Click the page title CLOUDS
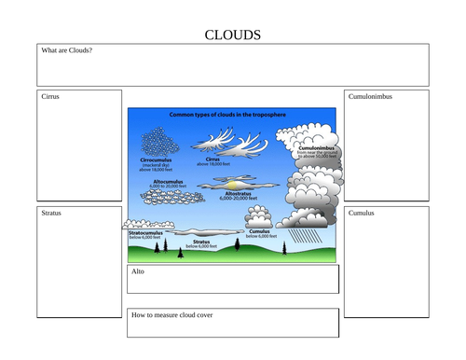[x=232, y=35]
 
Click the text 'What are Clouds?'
[x=66, y=50]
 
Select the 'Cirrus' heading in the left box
[x=50, y=96]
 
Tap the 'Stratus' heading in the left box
[x=51, y=213]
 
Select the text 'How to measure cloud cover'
[x=172, y=315]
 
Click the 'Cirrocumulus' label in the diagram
[x=154, y=159]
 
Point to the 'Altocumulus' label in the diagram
[x=167, y=181]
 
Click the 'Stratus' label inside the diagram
[x=201, y=241]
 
